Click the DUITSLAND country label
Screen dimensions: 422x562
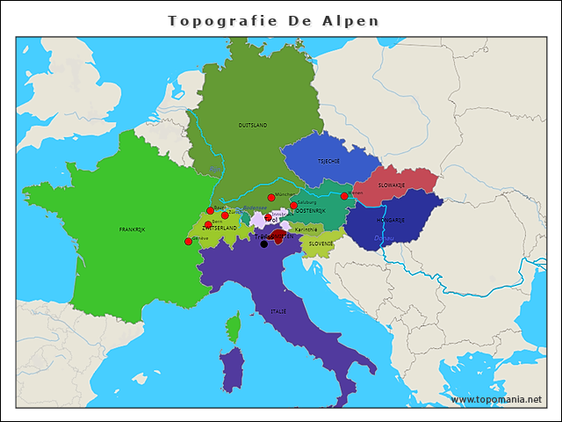(253, 126)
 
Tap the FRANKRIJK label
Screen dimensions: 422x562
(131, 229)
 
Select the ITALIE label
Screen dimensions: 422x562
(278, 311)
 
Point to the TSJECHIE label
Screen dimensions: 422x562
(328, 162)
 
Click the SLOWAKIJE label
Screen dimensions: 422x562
(392, 186)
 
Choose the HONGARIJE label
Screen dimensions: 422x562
(390, 220)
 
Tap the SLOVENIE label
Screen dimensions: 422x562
(321, 244)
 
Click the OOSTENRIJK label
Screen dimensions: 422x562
(310, 211)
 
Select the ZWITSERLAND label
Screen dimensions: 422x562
(220, 228)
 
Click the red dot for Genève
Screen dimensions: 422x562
(188, 241)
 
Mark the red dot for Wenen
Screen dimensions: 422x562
(344, 196)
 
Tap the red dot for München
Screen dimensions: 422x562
(270, 198)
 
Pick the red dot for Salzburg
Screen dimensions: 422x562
(293, 206)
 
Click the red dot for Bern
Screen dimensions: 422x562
(208, 224)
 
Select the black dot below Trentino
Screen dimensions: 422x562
(263, 244)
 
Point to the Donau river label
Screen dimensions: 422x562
(384, 237)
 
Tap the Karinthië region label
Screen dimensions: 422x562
(306, 229)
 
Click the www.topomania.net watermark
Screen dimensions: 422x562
(496, 399)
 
